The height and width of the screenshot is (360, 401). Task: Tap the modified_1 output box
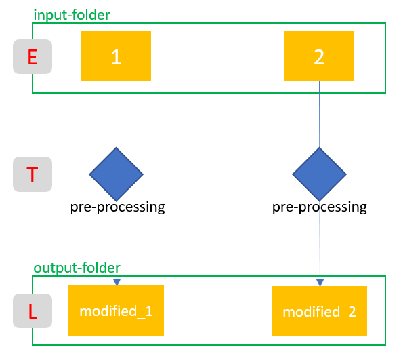(116, 311)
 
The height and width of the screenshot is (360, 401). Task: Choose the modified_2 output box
(319, 311)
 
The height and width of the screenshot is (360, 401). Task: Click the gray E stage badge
(32, 57)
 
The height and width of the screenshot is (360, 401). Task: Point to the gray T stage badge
(32, 174)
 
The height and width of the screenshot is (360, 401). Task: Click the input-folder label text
(72, 14)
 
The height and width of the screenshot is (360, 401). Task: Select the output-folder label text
(77, 268)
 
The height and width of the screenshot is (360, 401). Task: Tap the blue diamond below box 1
(117, 174)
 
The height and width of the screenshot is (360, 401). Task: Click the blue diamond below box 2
(319, 174)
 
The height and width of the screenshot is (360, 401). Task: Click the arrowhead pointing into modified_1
(117, 281)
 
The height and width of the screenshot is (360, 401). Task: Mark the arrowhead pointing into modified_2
(320, 282)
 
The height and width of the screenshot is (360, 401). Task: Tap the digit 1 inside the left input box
(116, 58)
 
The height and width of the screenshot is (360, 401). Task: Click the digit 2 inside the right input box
(319, 58)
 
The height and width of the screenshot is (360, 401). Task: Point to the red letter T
(32, 175)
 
